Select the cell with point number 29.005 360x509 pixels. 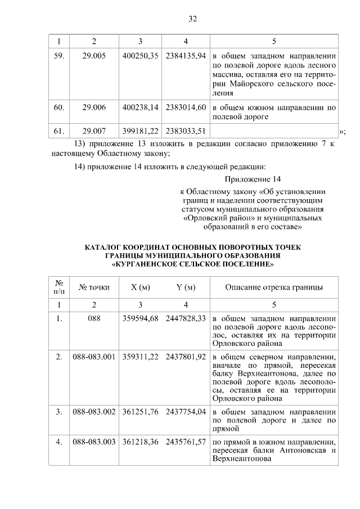(94, 56)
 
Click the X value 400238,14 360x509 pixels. (141, 107)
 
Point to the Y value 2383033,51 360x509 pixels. (186, 130)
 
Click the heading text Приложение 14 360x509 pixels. (253, 179)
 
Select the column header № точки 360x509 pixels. (94, 287)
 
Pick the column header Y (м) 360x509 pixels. (186, 287)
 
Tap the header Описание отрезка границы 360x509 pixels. (274, 287)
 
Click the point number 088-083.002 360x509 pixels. (94, 412)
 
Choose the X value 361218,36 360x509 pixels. (141, 442)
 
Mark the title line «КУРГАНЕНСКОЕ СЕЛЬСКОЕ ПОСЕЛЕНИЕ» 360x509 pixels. (193, 263)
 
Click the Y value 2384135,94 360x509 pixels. (186, 56)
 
